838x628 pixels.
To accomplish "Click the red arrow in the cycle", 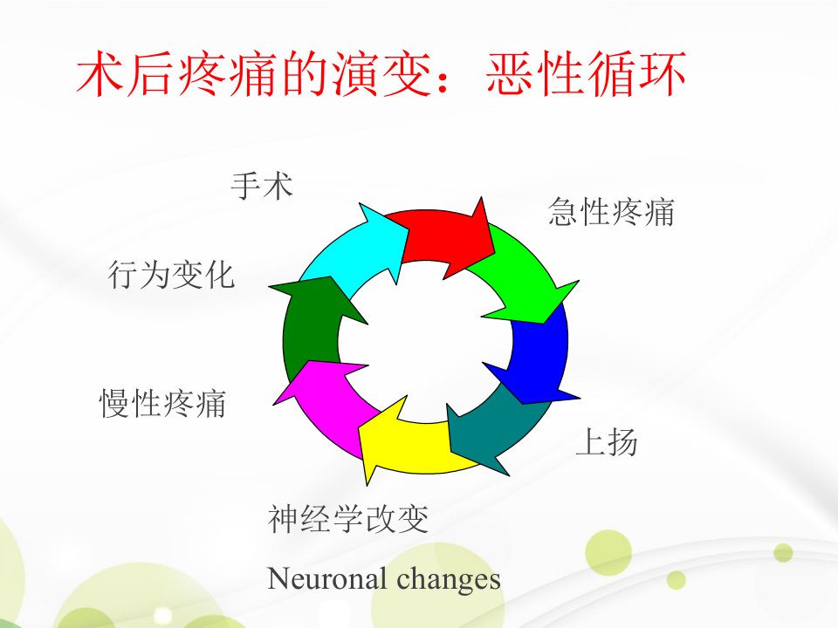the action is pyautogui.click(x=443, y=237).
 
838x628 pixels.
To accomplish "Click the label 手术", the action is pyautogui.click(x=262, y=186).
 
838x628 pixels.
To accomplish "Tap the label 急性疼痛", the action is pyautogui.click(x=611, y=212).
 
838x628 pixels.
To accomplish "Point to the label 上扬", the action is pyautogui.click(x=607, y=441).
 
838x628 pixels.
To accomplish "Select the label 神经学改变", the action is pyautogui.click(x=348, y=518).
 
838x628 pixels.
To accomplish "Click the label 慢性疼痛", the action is pyautogui.click(x=163, y=403).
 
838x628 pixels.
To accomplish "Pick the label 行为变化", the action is pyautogui.click(x=171, y=275).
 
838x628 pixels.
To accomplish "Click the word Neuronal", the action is pyautogui.click(x=326, y=578).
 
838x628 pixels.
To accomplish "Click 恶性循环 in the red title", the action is pyautogui.click(x=587, y=73).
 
